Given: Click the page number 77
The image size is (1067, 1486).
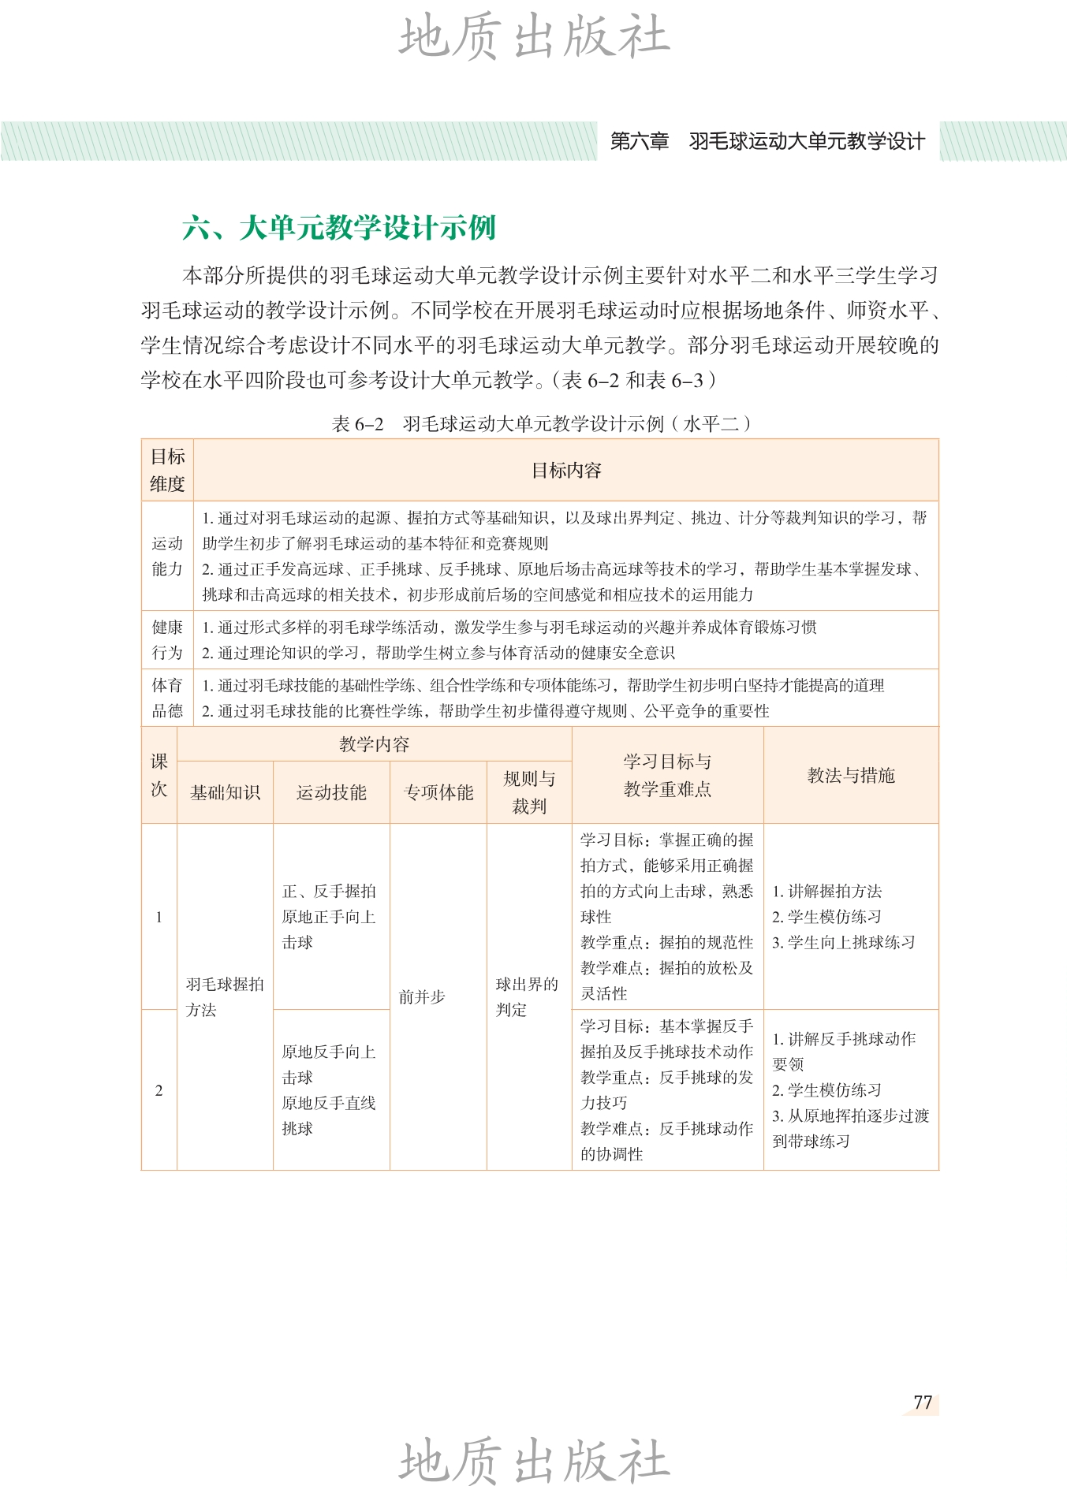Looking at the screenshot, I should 923,1402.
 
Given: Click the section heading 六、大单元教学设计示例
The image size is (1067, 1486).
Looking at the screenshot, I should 338,228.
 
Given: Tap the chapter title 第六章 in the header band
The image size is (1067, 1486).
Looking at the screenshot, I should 639,142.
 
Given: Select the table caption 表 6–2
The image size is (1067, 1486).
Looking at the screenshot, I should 357,424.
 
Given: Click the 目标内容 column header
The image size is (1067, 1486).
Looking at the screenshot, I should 565,471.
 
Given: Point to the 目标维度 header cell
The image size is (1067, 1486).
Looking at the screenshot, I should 167,470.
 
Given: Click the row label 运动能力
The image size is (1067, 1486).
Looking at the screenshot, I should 167,556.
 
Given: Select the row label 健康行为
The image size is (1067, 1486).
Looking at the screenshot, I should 167,639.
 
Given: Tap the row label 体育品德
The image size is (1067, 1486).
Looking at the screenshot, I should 167,698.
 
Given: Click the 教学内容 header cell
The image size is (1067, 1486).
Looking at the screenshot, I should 374,744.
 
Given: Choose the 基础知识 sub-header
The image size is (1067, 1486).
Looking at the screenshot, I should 225,792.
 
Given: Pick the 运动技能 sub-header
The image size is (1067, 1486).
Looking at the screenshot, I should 331,792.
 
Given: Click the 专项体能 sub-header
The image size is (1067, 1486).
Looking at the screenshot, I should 438,792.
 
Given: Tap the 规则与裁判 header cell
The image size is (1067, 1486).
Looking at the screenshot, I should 529,792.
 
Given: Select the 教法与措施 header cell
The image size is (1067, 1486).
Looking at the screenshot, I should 851,775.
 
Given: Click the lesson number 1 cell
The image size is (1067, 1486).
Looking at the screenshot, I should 159,917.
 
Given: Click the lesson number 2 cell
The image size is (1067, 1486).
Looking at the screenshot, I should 159,1090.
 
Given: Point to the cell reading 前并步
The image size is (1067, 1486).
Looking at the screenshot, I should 422,997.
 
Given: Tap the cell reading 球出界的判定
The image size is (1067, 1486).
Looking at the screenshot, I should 527,997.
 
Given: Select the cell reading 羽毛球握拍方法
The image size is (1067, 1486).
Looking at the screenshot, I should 225,997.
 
